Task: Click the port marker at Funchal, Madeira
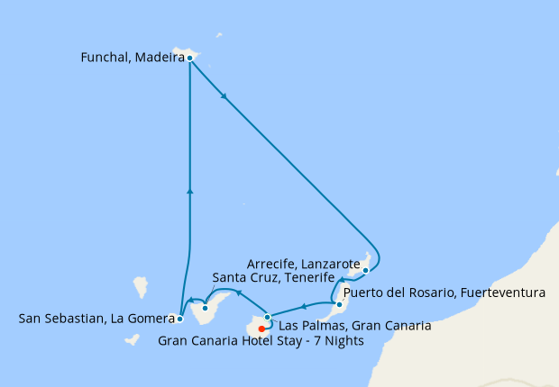tap(190, 58)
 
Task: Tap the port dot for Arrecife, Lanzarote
tap(365, 269)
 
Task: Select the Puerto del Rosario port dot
tap(339, 292)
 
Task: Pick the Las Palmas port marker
tap(268, 317)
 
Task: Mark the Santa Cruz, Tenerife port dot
tap(206, 309)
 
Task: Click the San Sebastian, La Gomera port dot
tap(180, 319)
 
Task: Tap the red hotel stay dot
tap(261, 328)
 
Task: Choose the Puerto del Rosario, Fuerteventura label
tap(444, 292)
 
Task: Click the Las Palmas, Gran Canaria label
tap(354, 325)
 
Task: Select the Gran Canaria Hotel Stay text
tap(261, 341)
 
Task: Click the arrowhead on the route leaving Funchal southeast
tap(223, 96)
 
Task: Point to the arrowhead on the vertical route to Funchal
tap(189, 190)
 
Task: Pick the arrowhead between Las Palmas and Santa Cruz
tap(238, 292)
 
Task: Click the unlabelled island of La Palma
tap(141, 286)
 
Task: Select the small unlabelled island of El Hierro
tap(132, 340)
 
